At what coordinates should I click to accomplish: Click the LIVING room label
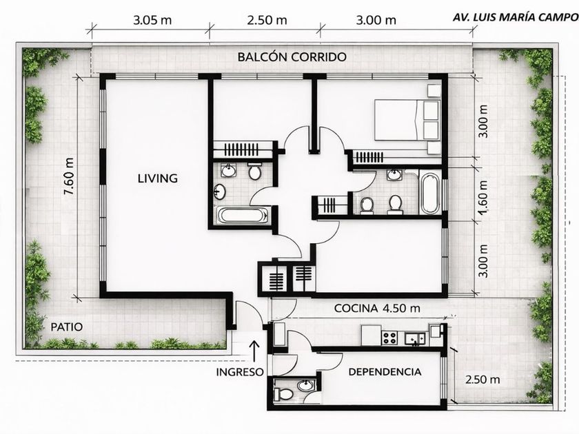click(x=158, y=178)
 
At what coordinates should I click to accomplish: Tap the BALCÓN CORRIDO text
click(x=292, y=56)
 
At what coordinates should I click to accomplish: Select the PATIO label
click(x=66, y=327)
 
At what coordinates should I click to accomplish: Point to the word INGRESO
click(x=240, y=372)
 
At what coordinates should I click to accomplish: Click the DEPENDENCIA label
click(x=385, y=371)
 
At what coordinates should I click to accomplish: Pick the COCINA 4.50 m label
click(x=377, y=308)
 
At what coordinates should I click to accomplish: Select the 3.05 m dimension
click(x=152, y=20)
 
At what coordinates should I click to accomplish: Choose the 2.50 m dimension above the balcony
click(x=267, y=20)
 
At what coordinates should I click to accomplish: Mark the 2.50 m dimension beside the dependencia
click(x=482, y=380)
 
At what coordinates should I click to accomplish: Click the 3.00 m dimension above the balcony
click(x=376, y=20)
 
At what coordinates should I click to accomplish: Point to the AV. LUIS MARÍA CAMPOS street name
click(x=516, y=17)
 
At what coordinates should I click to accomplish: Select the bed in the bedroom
click(x=407, y=120)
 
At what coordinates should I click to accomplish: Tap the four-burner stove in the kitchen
click(x=390, y=338)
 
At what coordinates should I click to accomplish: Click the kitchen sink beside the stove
click(x=415, y=338)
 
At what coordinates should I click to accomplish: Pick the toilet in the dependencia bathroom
click(x=283, y=394)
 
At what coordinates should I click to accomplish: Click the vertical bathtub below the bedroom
click(x=429, y=192)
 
